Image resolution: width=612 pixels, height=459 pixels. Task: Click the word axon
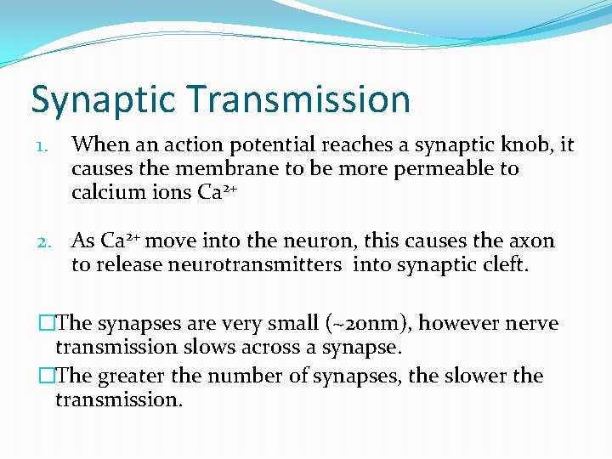pos(530,242)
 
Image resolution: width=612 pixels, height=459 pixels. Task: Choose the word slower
pos(469,376)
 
